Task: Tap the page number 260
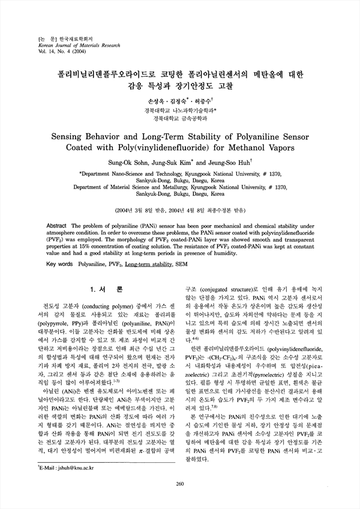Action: coord(179,484)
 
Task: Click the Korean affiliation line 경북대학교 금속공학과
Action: coord(179,118)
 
